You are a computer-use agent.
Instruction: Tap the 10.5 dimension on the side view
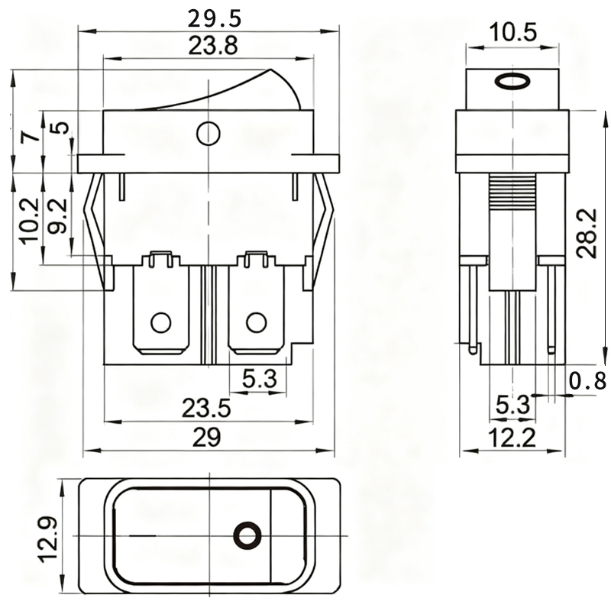click(512, 32)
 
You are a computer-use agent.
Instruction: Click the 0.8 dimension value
click(589, 380)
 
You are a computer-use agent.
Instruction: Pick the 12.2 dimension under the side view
click(512, 437)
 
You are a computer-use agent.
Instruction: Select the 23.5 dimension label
click(206, 409)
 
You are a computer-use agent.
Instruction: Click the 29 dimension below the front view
click(207, 438)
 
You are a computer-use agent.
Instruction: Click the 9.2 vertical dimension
click(57, 216)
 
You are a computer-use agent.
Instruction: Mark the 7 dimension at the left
click(30, 137)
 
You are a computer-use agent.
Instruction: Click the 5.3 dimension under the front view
click(259, 379)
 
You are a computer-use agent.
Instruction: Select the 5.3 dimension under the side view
click(511, 405)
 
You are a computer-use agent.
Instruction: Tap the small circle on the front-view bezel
click(208, 134)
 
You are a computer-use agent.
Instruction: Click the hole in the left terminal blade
click(160, 322)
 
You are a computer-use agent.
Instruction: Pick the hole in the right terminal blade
click(256, 322)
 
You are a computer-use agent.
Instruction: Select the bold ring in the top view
click(246, 535)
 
